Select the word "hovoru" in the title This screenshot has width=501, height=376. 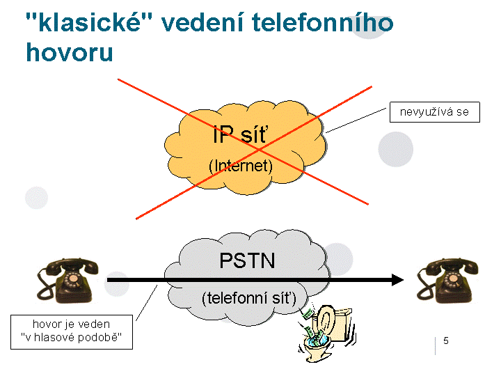pyautogui.click(x=69, y=52)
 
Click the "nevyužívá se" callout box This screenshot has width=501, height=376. pyautogui.click(x=434, y=111)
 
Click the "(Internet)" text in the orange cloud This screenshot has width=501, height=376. pyautogui.click(x=241, y=166)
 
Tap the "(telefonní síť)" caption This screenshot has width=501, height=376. pyautogui.click(x=249, y=298)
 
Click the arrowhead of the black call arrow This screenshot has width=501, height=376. pyautogui.click(x=397, y=280)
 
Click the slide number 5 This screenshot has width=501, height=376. pyautogui.click(x=446, y=340)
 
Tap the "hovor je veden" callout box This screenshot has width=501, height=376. pyautogui.click(x=71, y=331)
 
